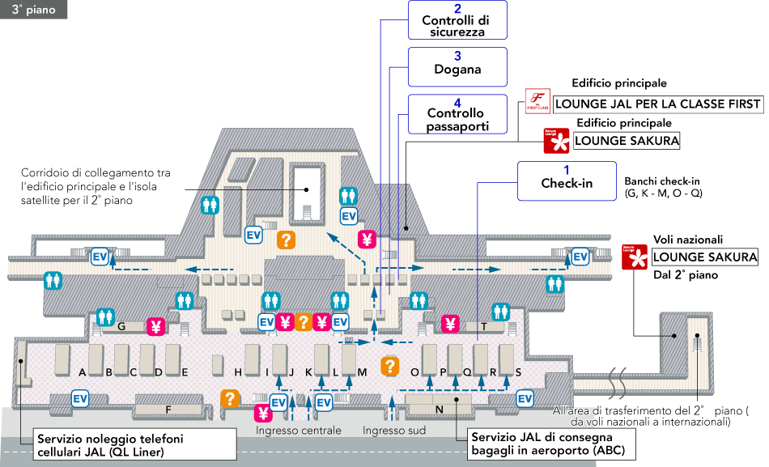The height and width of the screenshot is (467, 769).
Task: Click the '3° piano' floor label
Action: click(33, 10)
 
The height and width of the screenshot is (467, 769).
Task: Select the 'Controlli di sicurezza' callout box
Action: click(458, 22)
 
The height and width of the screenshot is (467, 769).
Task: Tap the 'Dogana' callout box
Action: click(458, 66)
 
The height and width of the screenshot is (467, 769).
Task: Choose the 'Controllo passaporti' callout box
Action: click(458, 114)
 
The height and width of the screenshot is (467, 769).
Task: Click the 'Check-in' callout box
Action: click(567, 180)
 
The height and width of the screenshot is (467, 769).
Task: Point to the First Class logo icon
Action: click(537, 102)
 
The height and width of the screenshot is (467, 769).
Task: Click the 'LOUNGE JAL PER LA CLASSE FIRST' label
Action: click(658, 104)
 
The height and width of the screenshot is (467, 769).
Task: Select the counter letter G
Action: click(120, 327)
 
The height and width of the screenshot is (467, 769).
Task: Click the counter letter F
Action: click(168, 410)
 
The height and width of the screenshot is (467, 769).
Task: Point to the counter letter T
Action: click(484, 327)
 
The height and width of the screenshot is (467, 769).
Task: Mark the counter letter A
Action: click(83, 372)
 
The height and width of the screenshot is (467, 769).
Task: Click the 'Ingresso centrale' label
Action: click(298, 431)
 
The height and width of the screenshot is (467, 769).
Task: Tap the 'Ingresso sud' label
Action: click(394, 431)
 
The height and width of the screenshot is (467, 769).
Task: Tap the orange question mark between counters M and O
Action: click(390, 366)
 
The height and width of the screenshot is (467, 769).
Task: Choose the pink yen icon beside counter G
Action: click(155, 327)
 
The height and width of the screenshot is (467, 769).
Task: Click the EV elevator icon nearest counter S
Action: click(525, 398)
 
